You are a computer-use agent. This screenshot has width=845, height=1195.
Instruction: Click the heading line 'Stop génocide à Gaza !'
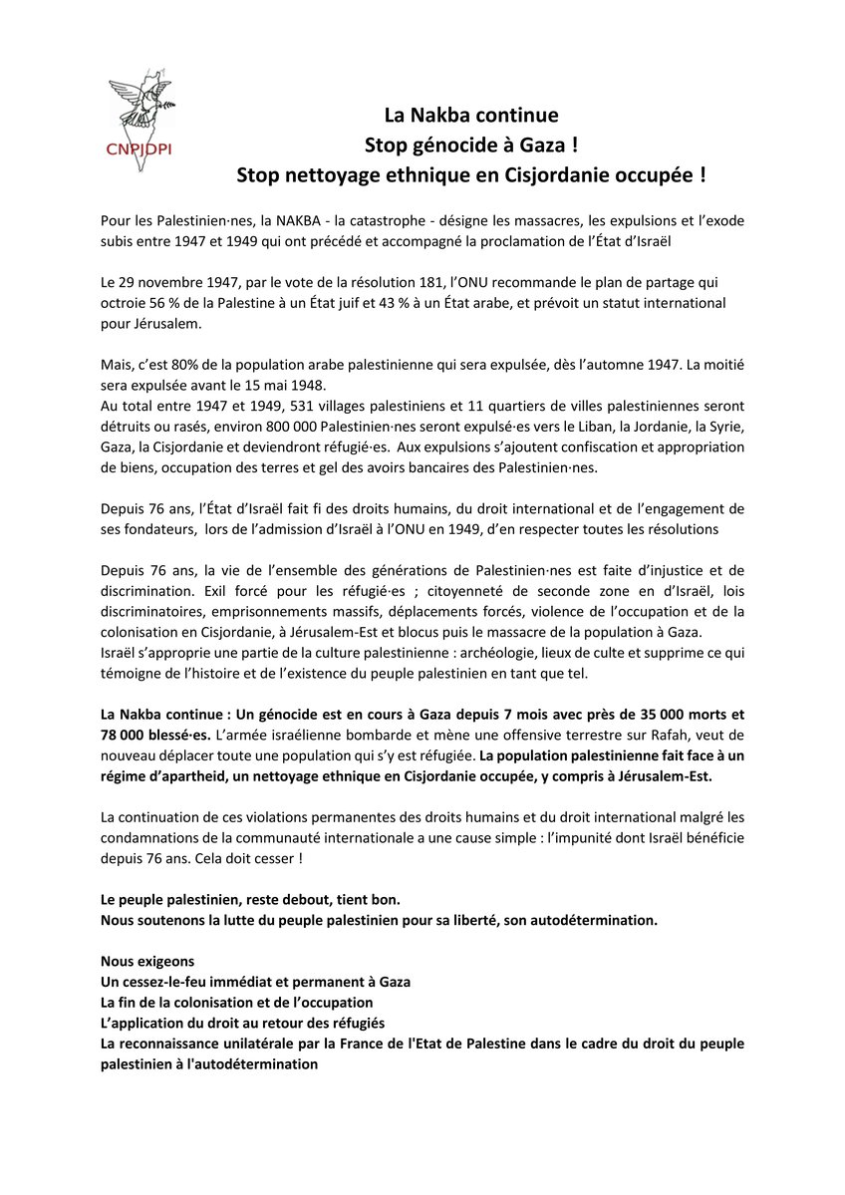coord(471,145)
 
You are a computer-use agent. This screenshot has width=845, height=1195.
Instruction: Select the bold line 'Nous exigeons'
coord(147,962)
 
